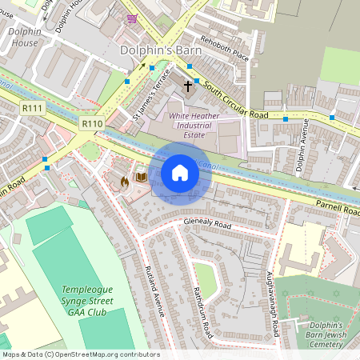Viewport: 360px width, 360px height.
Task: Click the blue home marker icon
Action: [180, 173]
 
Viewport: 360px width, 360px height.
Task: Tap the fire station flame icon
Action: [124, 182]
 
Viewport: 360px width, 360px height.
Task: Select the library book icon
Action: [141, 176]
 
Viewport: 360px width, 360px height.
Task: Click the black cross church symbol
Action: [190, 85]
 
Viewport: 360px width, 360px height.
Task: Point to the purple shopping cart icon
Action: [131, 18]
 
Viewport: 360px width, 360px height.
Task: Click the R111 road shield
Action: [33, 107]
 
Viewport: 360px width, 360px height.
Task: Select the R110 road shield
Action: [92, 124]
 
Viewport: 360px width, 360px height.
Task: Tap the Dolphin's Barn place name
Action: [159, 50]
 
